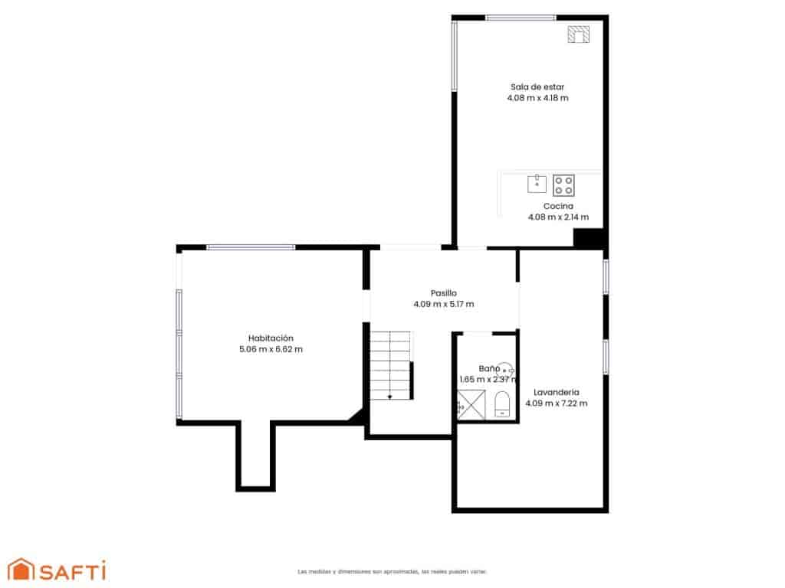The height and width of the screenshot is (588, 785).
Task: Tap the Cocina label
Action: [558, 207]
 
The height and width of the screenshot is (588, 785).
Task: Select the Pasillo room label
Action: [443, 292]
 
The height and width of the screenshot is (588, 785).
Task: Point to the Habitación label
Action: [271, 338]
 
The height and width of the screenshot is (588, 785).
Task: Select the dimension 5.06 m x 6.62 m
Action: [271, 349]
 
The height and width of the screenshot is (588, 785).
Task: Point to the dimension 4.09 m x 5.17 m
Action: [443, 304]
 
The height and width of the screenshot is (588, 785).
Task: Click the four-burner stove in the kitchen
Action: [563, 185]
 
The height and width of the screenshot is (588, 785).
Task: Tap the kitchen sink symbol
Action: [537, 183]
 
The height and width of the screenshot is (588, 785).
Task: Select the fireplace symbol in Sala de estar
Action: [579, 34]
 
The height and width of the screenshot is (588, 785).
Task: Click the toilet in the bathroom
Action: [502, 403]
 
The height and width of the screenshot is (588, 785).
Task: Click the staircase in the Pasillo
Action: [391, 365]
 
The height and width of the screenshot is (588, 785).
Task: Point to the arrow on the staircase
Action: [389, 395]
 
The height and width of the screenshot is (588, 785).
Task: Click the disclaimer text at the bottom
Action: [392, 571]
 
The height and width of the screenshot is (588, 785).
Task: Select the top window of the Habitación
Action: [251, 247]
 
